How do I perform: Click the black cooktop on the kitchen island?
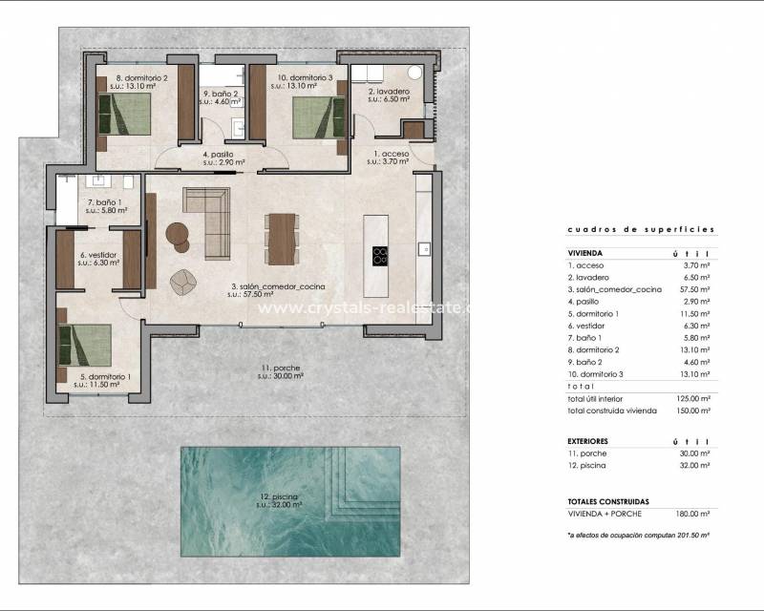pos(381,256)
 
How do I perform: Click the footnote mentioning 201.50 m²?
pos(638,536)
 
